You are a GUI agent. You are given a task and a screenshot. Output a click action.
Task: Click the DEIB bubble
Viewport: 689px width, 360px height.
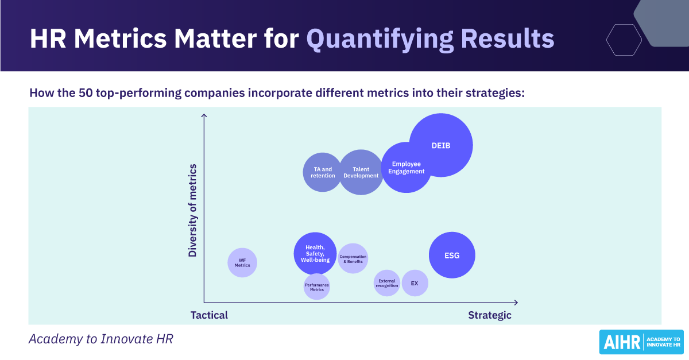click(441, 145)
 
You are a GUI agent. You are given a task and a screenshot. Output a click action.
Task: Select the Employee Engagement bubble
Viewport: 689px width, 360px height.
click(406, 167)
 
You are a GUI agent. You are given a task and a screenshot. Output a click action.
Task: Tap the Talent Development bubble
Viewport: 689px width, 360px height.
click(361, 172)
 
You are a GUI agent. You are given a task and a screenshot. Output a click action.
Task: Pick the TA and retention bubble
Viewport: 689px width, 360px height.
click(323, 172)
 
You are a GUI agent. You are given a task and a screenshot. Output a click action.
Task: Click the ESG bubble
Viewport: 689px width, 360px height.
click(452, 256)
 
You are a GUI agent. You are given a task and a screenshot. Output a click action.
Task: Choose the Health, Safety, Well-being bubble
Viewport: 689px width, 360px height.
click(315, 254)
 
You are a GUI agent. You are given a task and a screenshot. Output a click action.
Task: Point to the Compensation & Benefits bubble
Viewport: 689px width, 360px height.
click(353, 259)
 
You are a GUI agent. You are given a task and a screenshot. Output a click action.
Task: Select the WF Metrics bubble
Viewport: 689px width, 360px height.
click(242, 262)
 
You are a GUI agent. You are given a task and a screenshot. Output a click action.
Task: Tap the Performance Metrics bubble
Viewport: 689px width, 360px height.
click(317, 287)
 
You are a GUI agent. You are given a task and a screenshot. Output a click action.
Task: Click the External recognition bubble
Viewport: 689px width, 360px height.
click(387, 283)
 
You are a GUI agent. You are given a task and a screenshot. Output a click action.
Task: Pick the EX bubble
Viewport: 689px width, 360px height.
click(415, 283)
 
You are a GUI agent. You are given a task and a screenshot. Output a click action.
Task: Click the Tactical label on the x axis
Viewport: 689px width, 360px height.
click(209, 315)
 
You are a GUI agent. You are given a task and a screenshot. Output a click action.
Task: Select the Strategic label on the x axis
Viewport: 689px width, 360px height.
click(489, 315)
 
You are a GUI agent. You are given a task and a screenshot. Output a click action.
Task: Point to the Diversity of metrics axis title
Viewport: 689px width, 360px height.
click(192, 210)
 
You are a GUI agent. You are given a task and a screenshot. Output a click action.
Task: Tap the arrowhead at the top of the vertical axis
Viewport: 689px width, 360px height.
click(204, 117)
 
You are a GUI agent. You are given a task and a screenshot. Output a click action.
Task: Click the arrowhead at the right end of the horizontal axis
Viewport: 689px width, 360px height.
click(516, 302)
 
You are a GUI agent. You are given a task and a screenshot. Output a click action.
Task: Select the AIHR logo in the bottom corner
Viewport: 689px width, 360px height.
click(641, 342)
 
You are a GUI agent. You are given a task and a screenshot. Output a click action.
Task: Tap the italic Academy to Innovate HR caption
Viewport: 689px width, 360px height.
click(100, 339)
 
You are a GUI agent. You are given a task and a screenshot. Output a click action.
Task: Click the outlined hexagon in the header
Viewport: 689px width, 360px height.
click(624, 40)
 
